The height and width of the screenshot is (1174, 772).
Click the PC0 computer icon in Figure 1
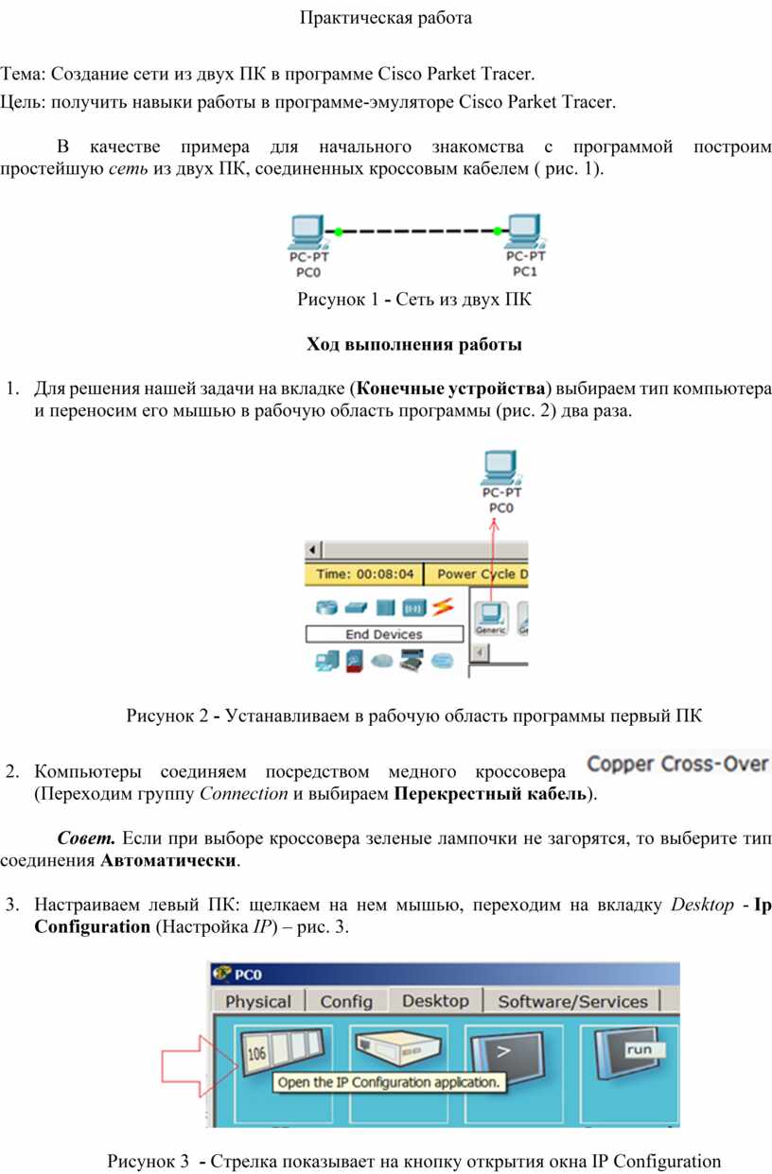pos(308,233)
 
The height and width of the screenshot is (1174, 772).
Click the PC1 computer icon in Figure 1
pos(524,232)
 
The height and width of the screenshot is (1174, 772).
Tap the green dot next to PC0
pos(339,232)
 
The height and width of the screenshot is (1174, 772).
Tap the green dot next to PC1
pos(498,231)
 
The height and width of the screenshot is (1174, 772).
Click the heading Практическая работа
pos(385,18)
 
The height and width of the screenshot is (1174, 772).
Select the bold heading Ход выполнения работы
pos(413,344)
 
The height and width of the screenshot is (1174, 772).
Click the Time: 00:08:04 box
pos(364,574)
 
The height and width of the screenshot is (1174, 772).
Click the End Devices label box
pos(384,634)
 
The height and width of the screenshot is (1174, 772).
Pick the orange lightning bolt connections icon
pos(444,607)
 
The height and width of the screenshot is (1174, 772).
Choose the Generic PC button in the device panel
pos(491,618)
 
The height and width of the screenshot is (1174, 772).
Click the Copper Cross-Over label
pos(678,764)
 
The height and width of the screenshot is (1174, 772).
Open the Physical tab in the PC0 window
pos(258,1001)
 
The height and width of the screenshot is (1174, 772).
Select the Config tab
pos(346,1001)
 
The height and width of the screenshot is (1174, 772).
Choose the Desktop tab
pos(435,1000)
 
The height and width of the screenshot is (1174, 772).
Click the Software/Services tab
pos(572,1001)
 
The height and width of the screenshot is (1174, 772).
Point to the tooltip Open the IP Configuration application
pos(389,1082)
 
